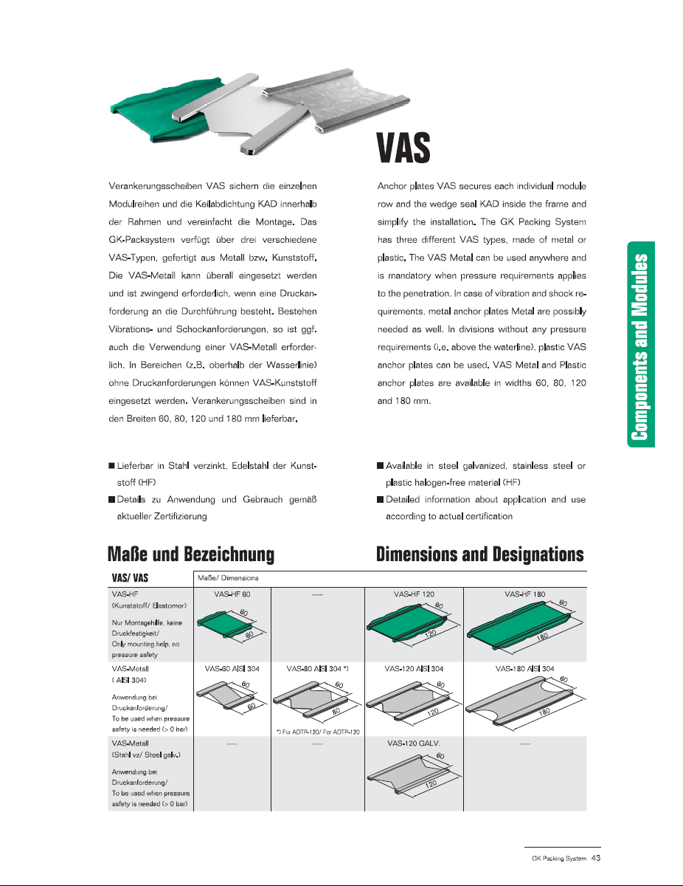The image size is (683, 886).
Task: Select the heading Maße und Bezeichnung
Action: click(x=191, y=554)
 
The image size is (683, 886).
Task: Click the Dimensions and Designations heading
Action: click(x=480, y=554)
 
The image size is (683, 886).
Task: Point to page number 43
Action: click(x=596, y=858)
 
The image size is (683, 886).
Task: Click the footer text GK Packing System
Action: click(x=558, y=859)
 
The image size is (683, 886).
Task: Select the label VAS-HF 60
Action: click(x=232, y=594)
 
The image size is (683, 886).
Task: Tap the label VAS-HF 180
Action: click(x=524, y=594)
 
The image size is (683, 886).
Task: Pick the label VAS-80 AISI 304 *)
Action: click(x=316, y=668)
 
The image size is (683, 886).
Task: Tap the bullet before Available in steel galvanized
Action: click(x=380, y=466)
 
